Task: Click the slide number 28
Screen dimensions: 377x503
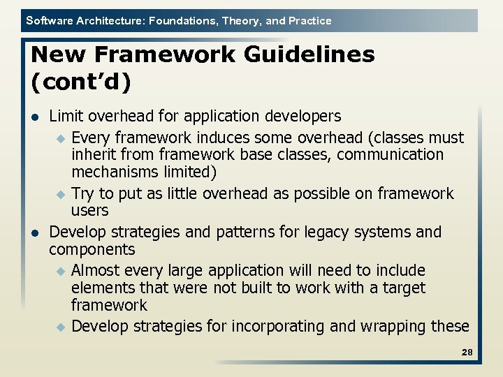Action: point(467,353)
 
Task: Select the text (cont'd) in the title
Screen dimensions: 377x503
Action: point(82,81)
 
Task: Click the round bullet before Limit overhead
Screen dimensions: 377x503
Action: point(36,117)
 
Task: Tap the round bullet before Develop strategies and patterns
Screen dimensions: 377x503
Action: point(36,232)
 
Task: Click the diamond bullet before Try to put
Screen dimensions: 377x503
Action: point(60,194)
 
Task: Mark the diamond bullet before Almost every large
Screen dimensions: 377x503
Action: point(60,271)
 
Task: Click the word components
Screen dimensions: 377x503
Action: point(92,250)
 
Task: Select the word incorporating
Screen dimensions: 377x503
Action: point(273,326)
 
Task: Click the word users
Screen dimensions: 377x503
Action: point(89,211)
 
